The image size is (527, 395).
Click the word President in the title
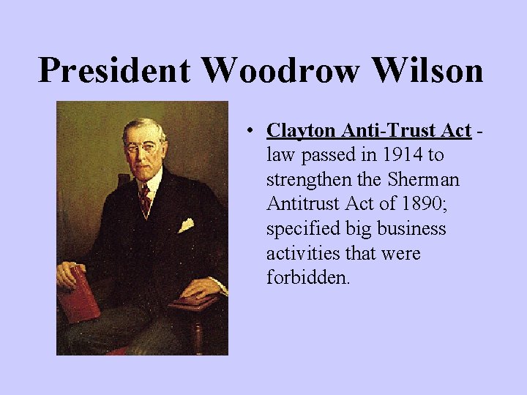click(115, 71)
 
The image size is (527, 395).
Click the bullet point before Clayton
click(250, 132)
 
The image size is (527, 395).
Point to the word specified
click(299, 230)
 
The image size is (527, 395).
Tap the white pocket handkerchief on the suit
click(186, 225)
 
